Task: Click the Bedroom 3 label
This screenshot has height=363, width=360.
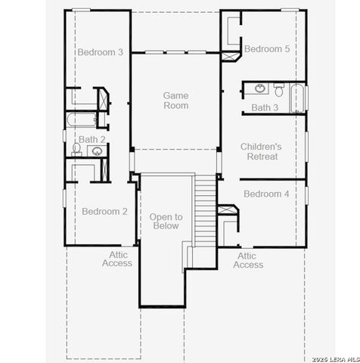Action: [x=100, y=52]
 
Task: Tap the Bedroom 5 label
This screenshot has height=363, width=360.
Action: [x=266, y=49]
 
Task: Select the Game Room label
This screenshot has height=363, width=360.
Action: [x=175, y=101]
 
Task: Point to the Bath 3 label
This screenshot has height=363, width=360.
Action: [x=265, y=108]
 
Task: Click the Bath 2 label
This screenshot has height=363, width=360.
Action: [x=92, y=139]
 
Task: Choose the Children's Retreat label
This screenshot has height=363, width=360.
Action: [x=261, y=151]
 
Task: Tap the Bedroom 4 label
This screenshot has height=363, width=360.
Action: [x=266, y=194]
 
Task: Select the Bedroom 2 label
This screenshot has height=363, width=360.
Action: [x=104, y=212]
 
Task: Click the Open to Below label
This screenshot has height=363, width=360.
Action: [x=165, y=221]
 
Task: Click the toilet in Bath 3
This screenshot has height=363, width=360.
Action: [x=278, y=92]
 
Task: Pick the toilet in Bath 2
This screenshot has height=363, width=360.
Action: [x=76, y=149]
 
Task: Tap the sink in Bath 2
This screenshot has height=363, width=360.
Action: [x=97, y=151]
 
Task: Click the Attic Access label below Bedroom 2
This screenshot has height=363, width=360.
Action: [x=116, y=259]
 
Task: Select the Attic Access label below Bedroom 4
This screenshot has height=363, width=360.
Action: [x=248, y=261]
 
